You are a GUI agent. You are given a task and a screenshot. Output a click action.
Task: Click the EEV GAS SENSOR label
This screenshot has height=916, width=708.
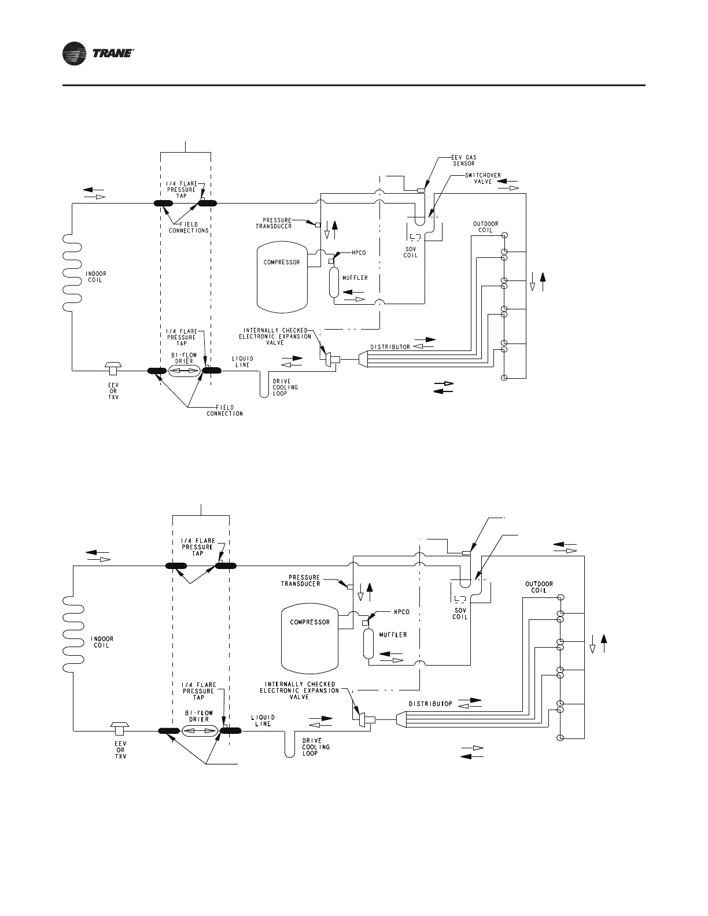click(x=464, y=160)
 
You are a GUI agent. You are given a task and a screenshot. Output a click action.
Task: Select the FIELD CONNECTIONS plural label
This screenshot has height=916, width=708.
click(x=189, y=227)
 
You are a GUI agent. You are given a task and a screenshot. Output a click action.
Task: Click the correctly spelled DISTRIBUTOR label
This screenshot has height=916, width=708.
click(x=390, y=347)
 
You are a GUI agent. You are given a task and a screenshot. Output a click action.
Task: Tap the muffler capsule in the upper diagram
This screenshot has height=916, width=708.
click(x=334, y=282)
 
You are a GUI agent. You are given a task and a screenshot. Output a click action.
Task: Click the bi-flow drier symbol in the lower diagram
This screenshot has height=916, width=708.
click(x=198, y=732)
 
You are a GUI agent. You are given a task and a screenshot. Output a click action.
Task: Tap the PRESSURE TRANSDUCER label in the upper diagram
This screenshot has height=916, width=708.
click(x=274, y=223)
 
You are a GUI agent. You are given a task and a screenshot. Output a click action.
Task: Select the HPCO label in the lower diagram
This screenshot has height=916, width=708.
click(x=401, y=612)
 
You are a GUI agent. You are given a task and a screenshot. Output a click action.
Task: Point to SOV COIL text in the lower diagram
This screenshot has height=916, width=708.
click(x=460, y=614)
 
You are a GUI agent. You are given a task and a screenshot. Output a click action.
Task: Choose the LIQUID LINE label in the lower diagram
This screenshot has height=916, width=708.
click(x=263, y=721)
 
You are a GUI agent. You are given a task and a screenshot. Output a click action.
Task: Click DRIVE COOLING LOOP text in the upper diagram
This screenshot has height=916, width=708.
click(x=285, y=387)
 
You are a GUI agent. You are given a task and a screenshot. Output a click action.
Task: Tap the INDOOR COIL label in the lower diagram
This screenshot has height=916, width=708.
click(x=102, y=642)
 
